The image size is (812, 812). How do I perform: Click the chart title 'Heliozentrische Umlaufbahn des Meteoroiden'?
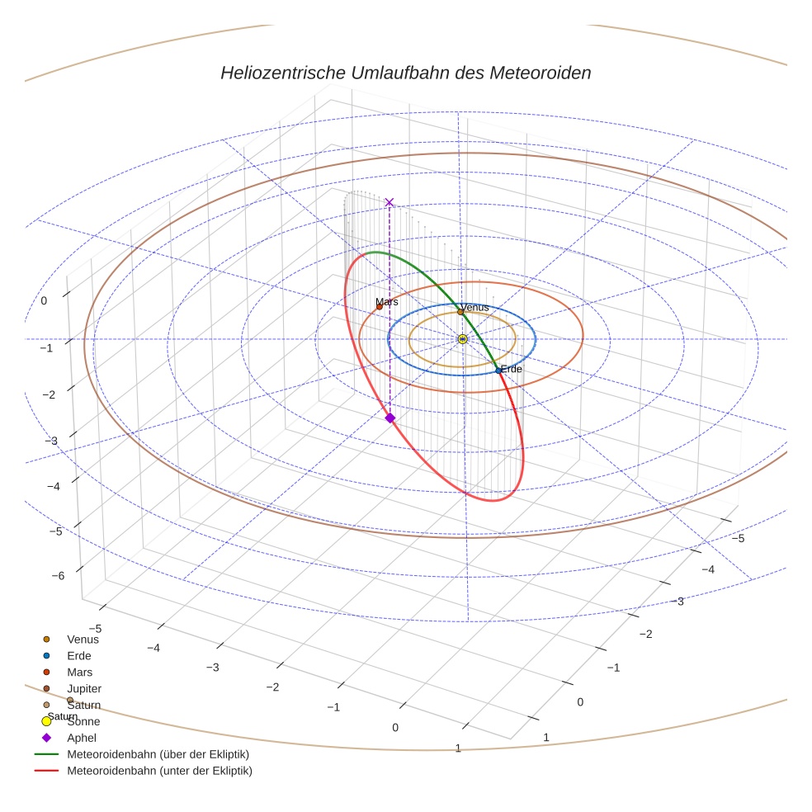pyautogui.click(x=405, y=73)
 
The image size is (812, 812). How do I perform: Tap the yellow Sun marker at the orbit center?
pyautogui.click(x=462, y=339)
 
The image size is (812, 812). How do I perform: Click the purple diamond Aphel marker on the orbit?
pyautogui.click(x=390, y=418)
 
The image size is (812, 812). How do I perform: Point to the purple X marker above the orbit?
pyautogui.click(x=389, y=202)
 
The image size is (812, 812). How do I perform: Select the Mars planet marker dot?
pyautogui.click(x=380, y=307)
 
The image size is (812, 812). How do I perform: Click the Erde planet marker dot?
pyautogui.click(x=498, y=371)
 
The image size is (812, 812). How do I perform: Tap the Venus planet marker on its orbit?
pyautogui.click(x=460, y=312)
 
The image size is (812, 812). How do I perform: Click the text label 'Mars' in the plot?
pyautogui.click(x=386, y=302)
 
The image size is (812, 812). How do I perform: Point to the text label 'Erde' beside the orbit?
pyautogui.click(x=512, y=369)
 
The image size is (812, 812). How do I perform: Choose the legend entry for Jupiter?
pyautogui.click(x=83, y=688)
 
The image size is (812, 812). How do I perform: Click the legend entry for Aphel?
pyautogui.click(x=82, y=738)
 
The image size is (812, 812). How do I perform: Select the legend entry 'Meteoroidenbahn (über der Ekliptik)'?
pyautogui.click(x=158, y=754)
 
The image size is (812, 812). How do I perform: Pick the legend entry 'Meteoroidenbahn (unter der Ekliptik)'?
pyautogui.click(x=159, y=771)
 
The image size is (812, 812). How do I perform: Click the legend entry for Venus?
pyautogui.click(x=83, y=639)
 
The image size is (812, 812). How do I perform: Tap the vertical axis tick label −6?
pyautogui.click(x=58, y=575)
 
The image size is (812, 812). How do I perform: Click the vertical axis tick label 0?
pyautogui.click(x=44, y=301)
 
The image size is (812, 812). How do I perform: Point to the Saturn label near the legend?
pyautogui.click(x=62, y=716)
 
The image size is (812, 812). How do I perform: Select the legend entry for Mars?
pyautogui.click(x=79, y=672)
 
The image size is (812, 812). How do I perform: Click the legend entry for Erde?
pyautogui.click(x=78, y=655)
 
